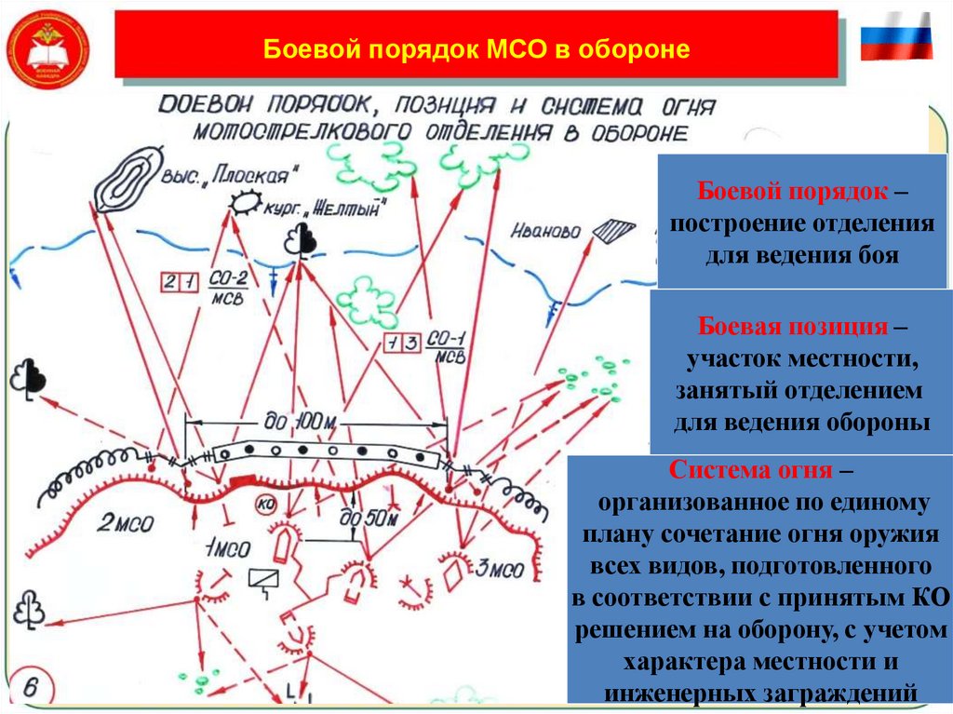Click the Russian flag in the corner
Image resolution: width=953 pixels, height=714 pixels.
coord(895,36)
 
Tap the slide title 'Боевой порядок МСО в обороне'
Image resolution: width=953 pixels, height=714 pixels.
coord(476,48)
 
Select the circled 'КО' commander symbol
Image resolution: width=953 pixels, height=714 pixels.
coord(267,504)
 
